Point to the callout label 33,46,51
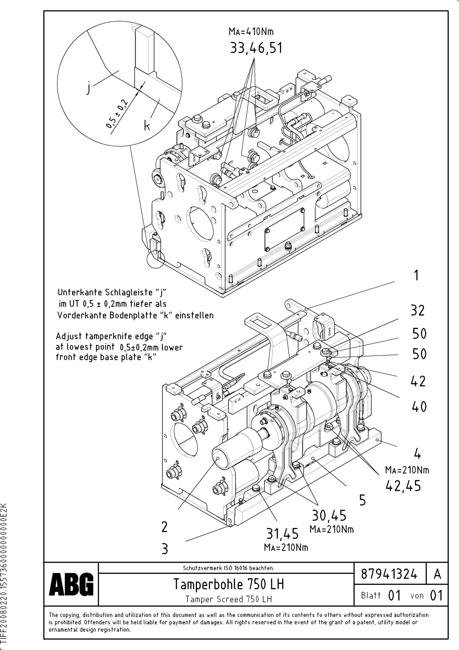coord(256,48)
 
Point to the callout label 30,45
coord(329,515)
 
